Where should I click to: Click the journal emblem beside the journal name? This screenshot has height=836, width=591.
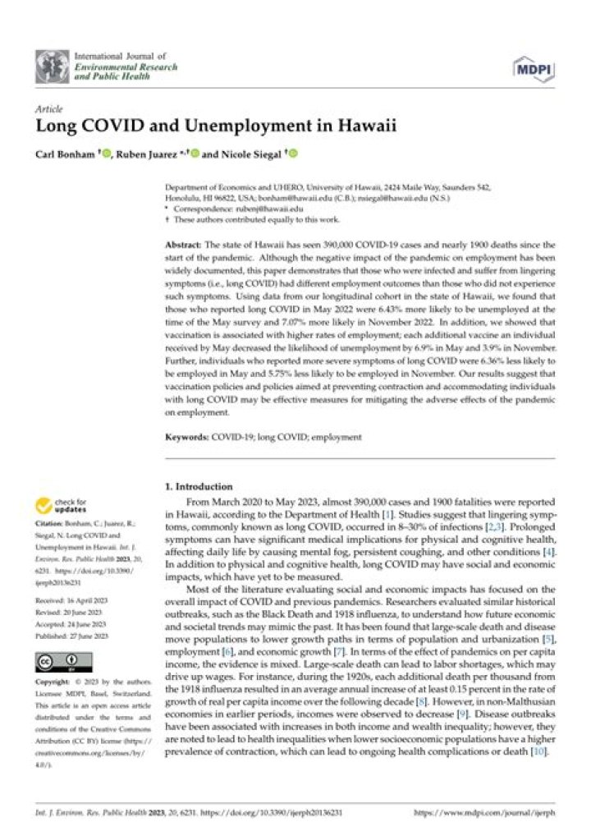pyautogui.click(x=52, y=64)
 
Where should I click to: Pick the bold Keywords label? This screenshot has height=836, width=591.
pyautogui.click(x=187, y=438)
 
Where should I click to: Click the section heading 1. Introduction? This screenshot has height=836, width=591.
pyautogui.click(x=198, y=486)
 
